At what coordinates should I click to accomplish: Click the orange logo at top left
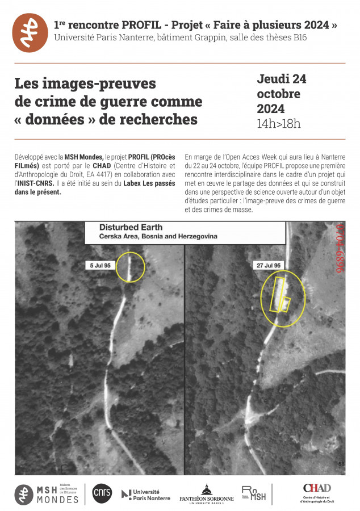click(31, 32)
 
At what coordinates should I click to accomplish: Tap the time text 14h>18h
click(279, 124)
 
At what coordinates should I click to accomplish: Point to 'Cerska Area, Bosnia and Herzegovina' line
click(158, 236)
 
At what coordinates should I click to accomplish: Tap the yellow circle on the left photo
click(130, 266)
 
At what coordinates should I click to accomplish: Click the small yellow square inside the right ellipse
click(286, 303)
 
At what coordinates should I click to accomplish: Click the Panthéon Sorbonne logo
click(206, 495)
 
